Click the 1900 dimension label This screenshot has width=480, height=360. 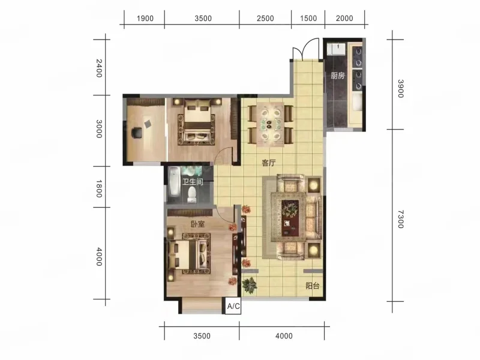[145, 19]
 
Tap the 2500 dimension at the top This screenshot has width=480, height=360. [265, 19]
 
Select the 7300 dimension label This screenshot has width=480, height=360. [401, 219]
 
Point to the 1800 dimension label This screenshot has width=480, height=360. [99, 188]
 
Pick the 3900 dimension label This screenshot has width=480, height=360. [401, 88]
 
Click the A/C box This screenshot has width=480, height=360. [233, 306]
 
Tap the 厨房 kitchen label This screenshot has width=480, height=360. [338, 76]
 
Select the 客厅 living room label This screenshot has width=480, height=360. [269, 163]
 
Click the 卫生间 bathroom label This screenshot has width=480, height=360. [193, 182]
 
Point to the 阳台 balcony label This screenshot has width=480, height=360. [313, 286]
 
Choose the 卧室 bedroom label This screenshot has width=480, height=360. [197, 224]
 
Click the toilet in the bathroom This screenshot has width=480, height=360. [192, 194]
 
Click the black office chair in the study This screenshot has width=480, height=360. [137, 133]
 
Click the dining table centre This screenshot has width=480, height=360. [269, 125]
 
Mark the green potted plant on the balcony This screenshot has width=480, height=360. [250, 286]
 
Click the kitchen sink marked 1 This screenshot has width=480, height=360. [336, 49]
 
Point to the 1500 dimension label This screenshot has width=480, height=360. [308, 19]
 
